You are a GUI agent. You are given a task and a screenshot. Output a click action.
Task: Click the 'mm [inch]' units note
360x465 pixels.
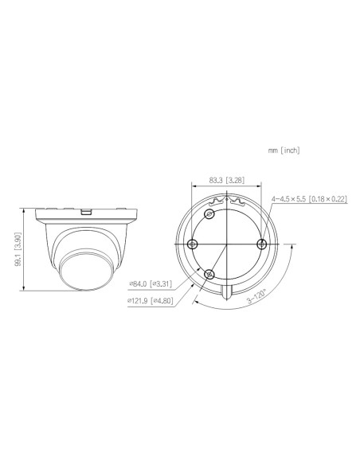(x=284, y=150)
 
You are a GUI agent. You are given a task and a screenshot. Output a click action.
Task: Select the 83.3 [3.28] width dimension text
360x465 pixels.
(x=227, y=180)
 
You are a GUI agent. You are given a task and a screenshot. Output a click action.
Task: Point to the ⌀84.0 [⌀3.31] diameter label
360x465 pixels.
(x=151, y=283)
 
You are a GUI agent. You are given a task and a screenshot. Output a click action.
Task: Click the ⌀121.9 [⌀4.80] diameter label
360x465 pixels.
(x=150, y=301)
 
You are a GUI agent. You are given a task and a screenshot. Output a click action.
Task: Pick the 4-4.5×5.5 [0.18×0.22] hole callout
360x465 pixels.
(x=309, y=199)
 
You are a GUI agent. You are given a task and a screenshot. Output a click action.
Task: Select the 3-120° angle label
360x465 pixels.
(x=256, y=296)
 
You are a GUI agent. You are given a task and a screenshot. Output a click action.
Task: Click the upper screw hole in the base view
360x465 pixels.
(x=210, y=214)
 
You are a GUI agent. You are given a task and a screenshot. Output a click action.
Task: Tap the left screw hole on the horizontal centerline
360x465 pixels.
(x=193, y=244)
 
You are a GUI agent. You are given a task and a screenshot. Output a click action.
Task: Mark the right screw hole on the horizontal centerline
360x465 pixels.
(x=261, y=244)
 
